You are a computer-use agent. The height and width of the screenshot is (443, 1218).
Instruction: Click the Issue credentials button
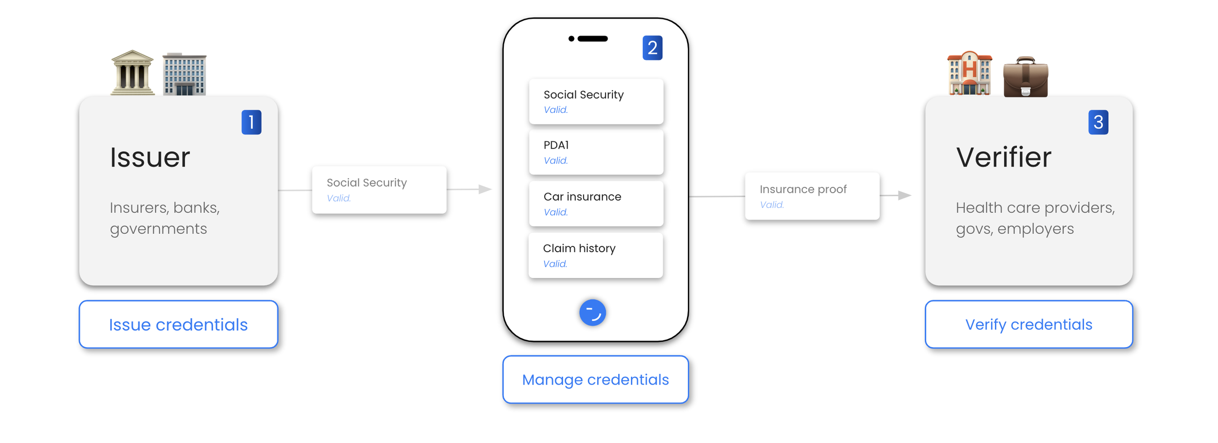click(178, 324)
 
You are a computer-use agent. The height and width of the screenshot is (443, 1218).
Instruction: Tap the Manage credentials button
click(595, 379)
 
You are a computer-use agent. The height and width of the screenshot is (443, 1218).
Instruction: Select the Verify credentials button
click(1028, 324)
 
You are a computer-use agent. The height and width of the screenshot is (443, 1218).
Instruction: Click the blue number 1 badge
click(251, 122)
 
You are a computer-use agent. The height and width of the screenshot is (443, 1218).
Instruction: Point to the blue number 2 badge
click(652, 48)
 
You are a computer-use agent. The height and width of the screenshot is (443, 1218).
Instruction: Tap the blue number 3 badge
click(1098, 122)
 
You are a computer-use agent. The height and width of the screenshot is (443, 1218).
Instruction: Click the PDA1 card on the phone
click(596, 152)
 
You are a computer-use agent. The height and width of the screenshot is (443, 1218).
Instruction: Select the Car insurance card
click(596, 204)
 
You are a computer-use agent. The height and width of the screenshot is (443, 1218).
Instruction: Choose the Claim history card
click(595, 256)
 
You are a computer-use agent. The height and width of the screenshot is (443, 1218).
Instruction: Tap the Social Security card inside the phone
click(596, 101)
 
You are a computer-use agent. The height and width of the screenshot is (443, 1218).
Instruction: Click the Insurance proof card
click(812, 196)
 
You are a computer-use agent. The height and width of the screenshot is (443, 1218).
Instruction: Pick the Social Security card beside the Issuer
click(379, 190)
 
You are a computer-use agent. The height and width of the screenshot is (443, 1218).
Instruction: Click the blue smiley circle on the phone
click(592, 313)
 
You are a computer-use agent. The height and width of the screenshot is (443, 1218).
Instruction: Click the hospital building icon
click(970, 74)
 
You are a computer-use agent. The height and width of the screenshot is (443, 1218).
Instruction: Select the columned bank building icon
click(133, 73)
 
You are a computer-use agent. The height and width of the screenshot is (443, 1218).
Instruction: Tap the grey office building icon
click(184, 74)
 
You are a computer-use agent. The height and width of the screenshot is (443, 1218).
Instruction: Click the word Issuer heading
click(150, 157)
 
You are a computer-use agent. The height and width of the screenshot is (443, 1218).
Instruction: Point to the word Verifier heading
click(1004, 157)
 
